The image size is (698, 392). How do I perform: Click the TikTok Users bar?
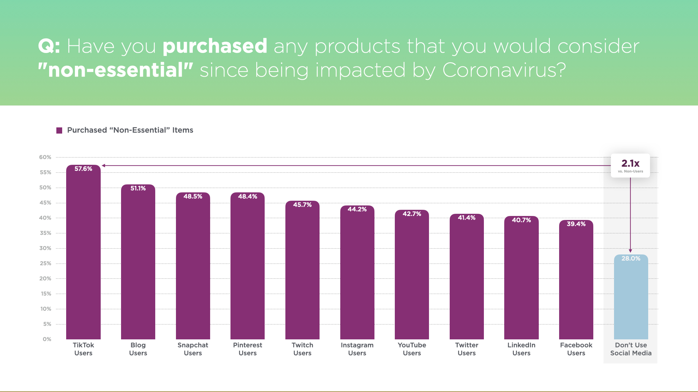83,254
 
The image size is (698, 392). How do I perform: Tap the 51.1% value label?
138,188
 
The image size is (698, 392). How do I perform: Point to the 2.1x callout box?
630,166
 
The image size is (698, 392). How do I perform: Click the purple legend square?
59,130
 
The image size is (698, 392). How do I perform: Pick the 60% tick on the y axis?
45,157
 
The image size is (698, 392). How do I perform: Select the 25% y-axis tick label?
45,264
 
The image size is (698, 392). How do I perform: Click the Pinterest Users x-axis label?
248,349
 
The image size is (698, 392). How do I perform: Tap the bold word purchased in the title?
214,46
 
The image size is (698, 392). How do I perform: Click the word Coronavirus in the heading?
504,70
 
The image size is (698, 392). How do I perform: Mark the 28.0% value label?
631,258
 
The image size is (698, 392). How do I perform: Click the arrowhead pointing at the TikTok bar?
104,166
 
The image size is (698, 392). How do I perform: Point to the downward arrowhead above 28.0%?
630,251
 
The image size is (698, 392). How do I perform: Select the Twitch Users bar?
302,272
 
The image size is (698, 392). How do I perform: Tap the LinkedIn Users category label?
521,349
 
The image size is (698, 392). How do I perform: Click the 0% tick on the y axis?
47,339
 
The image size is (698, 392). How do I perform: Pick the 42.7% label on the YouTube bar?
412,214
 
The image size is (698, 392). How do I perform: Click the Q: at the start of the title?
49,46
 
